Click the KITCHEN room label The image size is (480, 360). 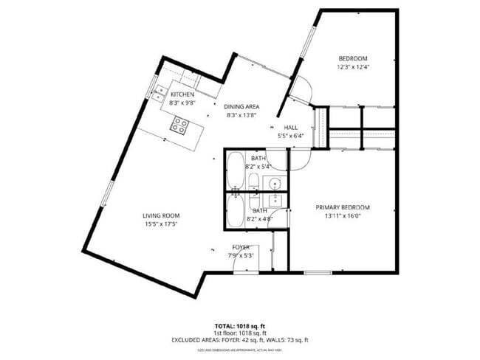coord(182,94)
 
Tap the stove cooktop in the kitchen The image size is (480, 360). coord(179,127)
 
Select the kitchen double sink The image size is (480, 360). coord(160,92)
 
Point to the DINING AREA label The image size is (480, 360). coord(241,106)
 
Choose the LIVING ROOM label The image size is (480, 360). coord(161,215)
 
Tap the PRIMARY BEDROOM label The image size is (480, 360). coord(343,207)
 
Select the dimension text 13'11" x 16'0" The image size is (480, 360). coord(343,216)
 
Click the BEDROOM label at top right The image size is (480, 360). coord(353,58)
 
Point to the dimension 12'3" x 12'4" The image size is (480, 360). coord(353,67)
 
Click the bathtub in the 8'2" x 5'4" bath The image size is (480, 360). coord(235,170)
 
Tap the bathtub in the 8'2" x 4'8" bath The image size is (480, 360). coord(235,210)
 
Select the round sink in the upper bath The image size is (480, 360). coord(273,183)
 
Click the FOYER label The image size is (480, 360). coord(241,247)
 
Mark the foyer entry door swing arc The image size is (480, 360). coord(244,264)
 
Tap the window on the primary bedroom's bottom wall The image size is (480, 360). coord(317,272)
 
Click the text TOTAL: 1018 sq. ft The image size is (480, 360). coord(240,325)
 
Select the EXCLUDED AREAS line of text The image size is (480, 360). coord(240,339)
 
